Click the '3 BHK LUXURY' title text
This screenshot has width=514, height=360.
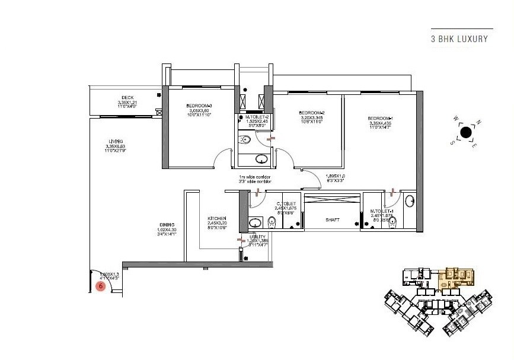459,39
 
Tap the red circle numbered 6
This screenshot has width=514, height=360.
101,286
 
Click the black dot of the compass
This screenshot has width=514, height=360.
466,132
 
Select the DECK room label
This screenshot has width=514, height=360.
127,98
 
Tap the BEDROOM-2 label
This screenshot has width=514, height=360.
311,113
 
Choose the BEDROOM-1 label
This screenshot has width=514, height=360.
380,119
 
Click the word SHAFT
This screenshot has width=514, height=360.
332,219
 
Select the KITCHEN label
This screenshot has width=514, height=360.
217,218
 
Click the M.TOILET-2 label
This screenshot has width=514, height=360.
257,117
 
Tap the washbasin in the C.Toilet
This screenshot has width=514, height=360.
255,224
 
